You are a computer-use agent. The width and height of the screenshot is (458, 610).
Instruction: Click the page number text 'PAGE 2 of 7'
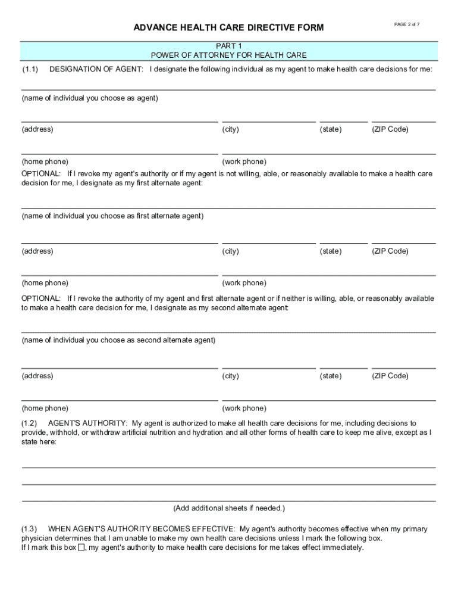[407, 24]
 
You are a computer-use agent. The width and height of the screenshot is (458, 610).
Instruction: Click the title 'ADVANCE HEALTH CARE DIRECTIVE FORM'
[228, 28]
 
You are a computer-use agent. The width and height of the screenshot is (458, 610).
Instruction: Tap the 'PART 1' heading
[228, 46]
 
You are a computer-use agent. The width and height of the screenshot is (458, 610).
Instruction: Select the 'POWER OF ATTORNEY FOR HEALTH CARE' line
[228, 55]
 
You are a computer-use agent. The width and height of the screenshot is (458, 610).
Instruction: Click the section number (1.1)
[30, 70]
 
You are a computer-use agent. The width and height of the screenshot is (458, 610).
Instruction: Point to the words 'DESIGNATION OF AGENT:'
[96, 70]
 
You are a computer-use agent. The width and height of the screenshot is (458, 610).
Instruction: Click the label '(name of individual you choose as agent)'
[90, 98]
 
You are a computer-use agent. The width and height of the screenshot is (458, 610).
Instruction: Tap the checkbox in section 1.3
[81, 547]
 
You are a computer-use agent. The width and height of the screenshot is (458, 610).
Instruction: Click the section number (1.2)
[30, 423]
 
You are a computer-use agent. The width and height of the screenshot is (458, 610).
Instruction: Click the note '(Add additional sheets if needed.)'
[229, 508]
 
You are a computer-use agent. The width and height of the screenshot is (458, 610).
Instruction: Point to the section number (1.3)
[30, 528]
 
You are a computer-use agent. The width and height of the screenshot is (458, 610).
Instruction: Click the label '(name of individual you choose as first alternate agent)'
[112, 216]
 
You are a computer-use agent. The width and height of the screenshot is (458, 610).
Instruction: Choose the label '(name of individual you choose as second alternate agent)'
[118, 340]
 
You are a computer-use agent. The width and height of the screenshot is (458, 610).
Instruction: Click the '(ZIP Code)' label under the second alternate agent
[390, 376]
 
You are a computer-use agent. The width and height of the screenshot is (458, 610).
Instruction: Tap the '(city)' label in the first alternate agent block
[231, 251]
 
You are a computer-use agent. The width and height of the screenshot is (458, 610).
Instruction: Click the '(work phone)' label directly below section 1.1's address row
[244, 161]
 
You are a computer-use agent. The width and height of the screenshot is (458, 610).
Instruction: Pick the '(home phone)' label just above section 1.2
[45, 408]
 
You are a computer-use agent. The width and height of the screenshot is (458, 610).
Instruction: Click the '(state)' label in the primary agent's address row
[331, 129]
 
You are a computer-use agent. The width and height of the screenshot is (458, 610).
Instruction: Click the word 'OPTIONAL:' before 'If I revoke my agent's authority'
[41, 174]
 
